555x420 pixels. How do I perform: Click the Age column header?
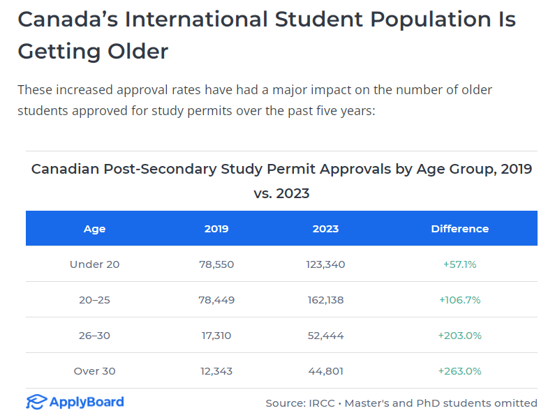tap(95, 229)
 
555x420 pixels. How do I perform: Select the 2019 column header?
tap(216, 229)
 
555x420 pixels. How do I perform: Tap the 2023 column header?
tap(325, 229)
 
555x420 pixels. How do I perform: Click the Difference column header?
tap(460, 229)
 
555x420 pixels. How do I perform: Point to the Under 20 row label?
tap(95, 264)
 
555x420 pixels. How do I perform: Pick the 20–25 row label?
tap(95, 300)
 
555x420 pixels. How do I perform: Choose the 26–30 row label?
tap(95, 336)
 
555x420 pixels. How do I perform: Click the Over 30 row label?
tap(95, 371)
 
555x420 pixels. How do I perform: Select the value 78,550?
tap(216, 264)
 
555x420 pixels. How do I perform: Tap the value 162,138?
tap(325, 300)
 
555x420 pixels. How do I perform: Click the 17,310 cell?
tap(216, 336)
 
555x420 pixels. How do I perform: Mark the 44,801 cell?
tap(325, 371)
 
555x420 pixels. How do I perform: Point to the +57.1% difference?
tap(460, 264)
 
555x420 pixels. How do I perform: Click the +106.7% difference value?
tap(460, 300)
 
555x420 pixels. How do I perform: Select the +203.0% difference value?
tap(460, 336)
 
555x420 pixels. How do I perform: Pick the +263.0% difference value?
tap(460, 371)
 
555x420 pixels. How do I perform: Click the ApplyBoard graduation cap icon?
tap(36, 402)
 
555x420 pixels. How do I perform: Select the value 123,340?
tap(325, 264)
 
